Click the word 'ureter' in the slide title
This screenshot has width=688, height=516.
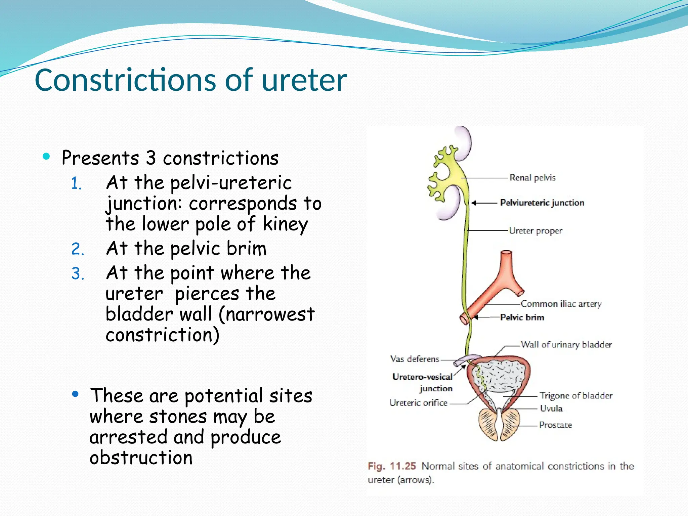[304, 81]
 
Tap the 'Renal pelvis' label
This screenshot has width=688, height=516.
[532, 178]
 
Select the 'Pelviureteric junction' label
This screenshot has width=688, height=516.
[542, 203]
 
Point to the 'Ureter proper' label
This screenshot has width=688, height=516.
[535, 231]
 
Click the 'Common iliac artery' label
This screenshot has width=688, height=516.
[561, 304]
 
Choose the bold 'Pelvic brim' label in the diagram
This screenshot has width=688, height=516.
[522, 317]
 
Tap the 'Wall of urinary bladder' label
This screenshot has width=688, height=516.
[566, 345]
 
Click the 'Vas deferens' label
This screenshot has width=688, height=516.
[415, 359]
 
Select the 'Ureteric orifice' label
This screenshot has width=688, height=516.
[418, 403]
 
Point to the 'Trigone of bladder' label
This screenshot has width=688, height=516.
[576, 396]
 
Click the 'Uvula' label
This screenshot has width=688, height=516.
[551, 408]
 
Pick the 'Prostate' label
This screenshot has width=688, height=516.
[555, 425]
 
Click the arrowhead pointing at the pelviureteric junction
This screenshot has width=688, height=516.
[474, 203]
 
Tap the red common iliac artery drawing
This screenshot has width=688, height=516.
[497, 286]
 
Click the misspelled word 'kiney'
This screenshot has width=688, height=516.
[285, 224]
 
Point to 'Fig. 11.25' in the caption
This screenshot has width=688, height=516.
[392, 466]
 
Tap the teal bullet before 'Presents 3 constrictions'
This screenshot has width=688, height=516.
[46, 156]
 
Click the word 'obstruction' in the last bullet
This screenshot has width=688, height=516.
[141, 458]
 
